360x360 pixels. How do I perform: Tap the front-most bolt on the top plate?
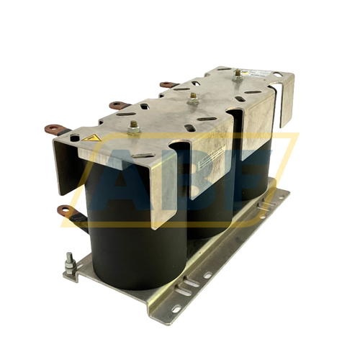tap(134, 128)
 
